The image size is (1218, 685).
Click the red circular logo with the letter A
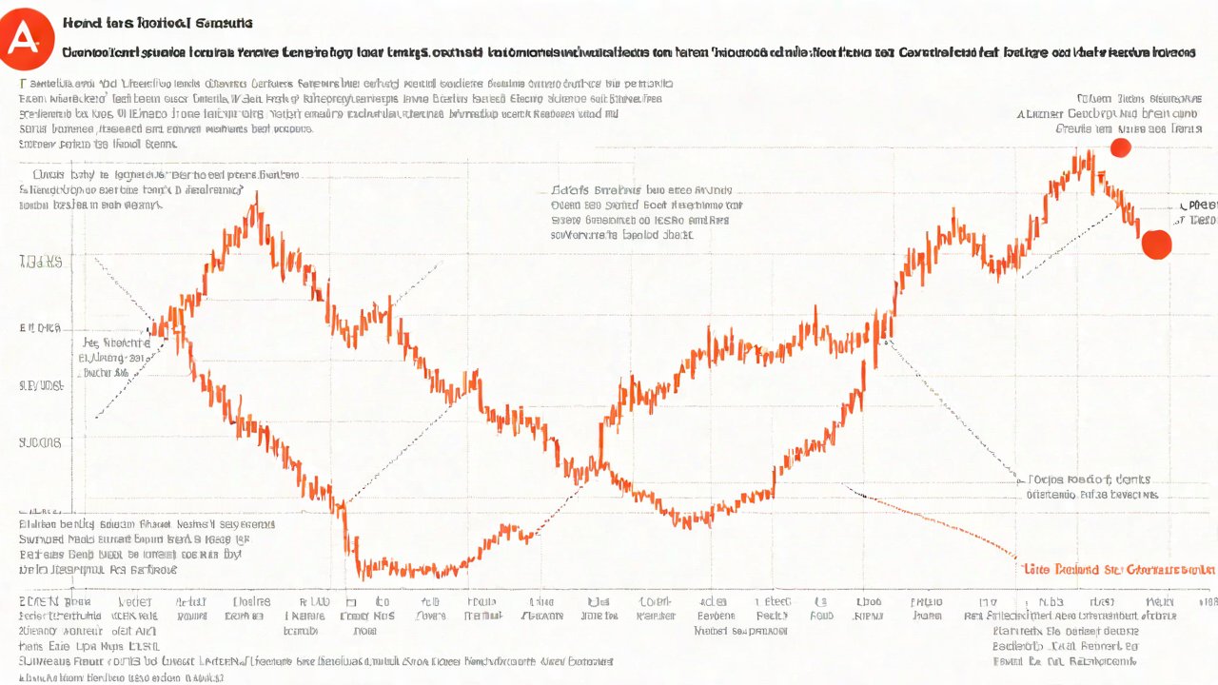[26, 38]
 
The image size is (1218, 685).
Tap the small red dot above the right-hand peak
[1120, 147]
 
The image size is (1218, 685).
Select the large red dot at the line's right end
[1156, 244]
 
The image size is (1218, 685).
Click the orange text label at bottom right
[1119, 569]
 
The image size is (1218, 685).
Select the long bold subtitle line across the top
[638, 54]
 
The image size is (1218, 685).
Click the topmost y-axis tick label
[41, 261]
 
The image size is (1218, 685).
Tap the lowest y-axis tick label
[40, 442]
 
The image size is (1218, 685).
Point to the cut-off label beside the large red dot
[1198, 212]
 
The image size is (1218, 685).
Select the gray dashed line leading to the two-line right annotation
[952, 409]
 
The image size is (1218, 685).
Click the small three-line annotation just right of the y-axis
[116, 358]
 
